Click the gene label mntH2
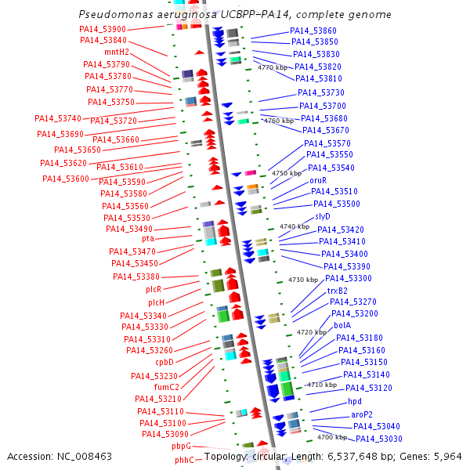coord(117,52)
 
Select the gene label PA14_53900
coord(103,29)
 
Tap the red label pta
coord(148,238)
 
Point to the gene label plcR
coord(154,289)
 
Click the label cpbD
coord(164,362)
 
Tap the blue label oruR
coord(318,180)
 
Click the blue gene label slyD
coord(323,216)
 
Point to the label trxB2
coord(338,291)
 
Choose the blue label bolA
coord(342,325)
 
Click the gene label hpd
coord(355,401)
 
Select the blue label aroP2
coord(362,414)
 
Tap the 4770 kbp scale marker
coord(273,68)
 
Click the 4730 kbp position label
coord(303,280)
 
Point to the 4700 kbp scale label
coord(332,437)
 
